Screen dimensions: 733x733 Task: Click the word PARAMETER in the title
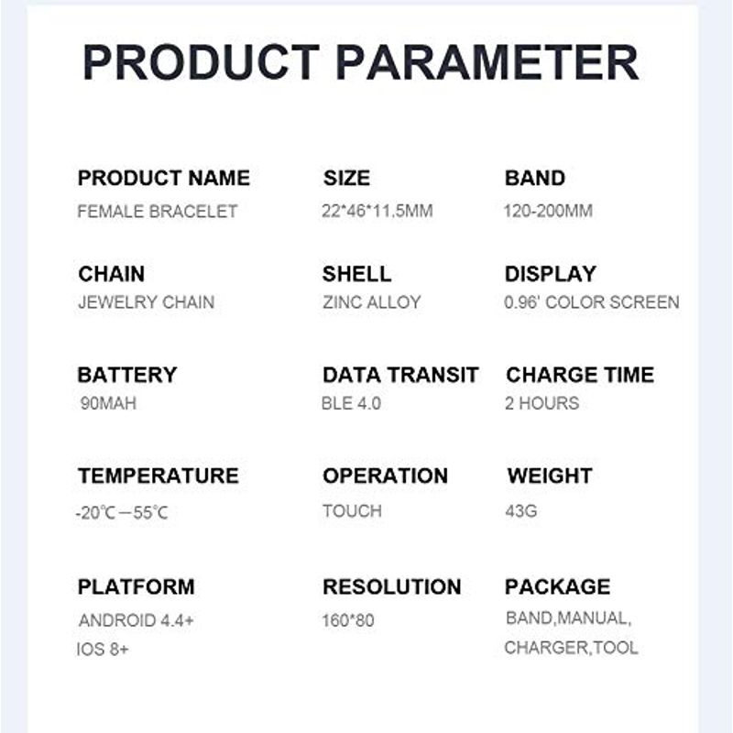487,62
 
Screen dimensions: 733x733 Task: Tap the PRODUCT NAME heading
164,178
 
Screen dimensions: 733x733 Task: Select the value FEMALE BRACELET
158,212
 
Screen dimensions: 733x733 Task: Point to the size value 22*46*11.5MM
377,211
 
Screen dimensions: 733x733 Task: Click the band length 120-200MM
548,211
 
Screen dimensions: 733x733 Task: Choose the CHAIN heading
111,274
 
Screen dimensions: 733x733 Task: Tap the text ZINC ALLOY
372,302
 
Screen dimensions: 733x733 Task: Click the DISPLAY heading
551,274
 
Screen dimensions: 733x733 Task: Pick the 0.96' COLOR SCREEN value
591,302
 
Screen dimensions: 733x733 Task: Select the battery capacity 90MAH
108,403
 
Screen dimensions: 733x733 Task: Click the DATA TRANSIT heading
400,375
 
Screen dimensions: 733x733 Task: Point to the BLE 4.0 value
351,403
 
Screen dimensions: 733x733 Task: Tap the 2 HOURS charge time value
542,403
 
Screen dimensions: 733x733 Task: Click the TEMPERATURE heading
159,476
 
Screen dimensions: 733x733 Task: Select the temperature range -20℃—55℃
122,513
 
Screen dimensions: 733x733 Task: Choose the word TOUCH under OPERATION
352,511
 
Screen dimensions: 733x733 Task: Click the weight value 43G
520,511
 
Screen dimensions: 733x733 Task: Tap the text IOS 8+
103,650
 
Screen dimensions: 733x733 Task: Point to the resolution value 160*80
348,621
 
